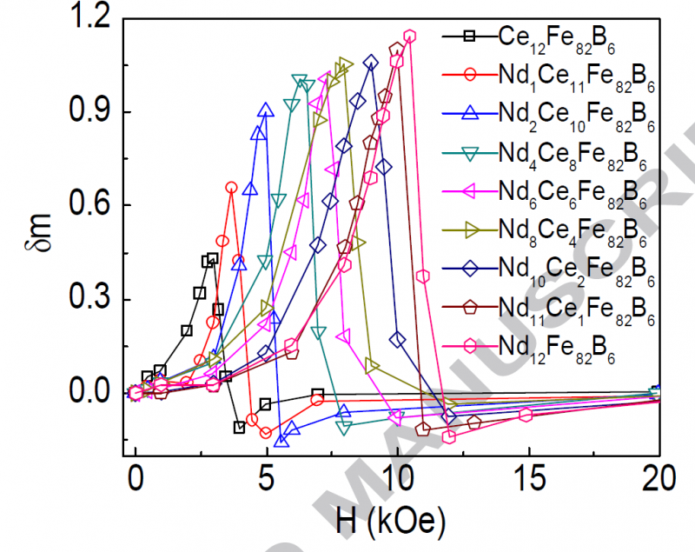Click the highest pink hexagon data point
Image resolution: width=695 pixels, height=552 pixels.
(x=409, y=37)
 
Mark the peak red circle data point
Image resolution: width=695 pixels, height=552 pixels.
(x=231, y=188)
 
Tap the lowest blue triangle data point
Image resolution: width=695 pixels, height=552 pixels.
(x=281, y=441)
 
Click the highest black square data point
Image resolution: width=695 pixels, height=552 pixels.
(x=213, y=258)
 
